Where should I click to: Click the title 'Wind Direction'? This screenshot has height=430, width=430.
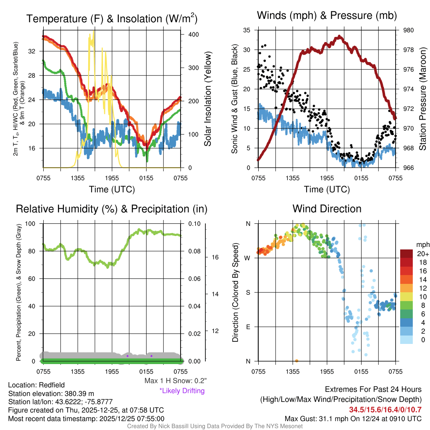(327, 209)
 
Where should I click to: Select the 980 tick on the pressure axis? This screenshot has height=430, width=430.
(408, 30)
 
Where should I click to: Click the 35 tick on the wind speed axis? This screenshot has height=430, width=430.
(247, 30)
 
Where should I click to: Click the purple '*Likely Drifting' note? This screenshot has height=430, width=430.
(182, 391)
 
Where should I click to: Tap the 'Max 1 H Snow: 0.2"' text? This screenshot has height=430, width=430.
(175, 381)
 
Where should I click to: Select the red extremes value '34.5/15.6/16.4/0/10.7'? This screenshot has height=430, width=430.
(385, 410)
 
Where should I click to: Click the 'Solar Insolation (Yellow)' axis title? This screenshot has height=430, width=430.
(207, 99)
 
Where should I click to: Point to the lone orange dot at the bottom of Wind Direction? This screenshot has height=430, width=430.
(296, 361)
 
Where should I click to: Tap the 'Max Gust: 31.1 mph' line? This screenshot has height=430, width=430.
(353, 418)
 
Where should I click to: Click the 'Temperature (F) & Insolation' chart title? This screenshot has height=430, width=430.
(112, 19)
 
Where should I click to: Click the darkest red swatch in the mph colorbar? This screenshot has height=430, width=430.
(406, 253)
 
